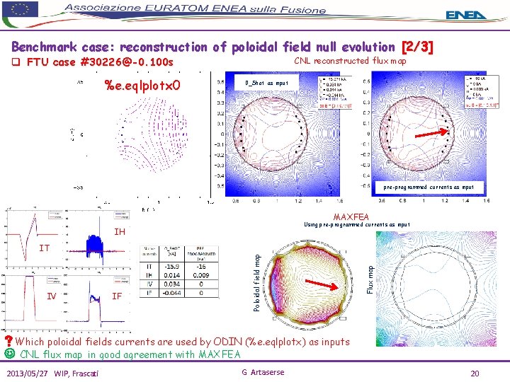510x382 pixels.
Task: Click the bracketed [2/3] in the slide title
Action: (x=417, y=47)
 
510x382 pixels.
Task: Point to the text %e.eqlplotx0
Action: (x=142, y=86)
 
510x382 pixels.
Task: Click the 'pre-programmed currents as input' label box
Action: (x=429, y=187)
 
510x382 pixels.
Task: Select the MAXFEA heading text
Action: (x=351, y=216)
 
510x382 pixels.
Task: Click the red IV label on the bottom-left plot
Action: (x=52, y=296)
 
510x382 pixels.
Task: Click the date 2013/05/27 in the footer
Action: (x=30, y=373)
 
